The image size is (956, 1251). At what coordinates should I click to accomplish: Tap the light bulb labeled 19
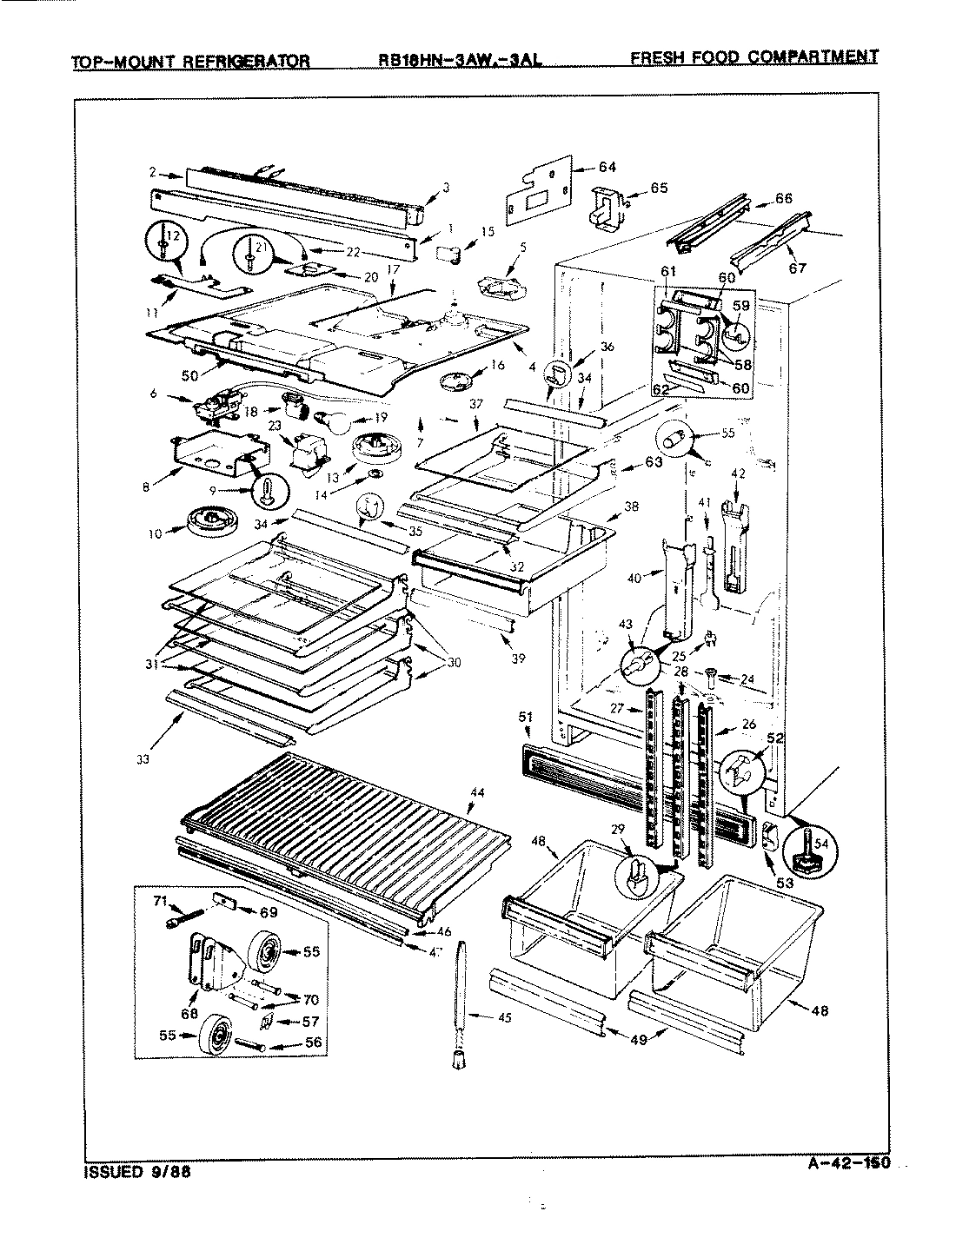click(337, 422)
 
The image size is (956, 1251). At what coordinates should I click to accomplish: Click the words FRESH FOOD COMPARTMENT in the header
click(753, 57)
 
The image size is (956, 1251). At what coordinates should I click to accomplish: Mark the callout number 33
click(143, 759)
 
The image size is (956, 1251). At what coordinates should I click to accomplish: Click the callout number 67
click(798, 268)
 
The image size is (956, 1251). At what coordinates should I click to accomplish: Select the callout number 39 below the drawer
click(518, 659)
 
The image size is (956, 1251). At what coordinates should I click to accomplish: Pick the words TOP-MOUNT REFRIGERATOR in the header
click(190, 62)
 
